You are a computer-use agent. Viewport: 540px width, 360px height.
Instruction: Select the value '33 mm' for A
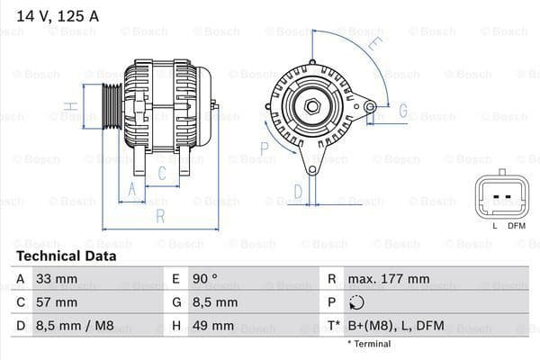[x=54, y=279]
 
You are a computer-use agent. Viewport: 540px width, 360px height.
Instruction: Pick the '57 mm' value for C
[x=56, y=302]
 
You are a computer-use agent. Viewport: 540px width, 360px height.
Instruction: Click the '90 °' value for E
[x=205, y=279]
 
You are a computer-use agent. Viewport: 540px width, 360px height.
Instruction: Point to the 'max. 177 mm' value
[x=391, y=279]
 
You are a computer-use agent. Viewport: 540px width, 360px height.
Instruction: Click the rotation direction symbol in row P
[x=358, y=302]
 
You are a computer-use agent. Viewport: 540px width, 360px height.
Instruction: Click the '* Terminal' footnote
[x=369, y=344]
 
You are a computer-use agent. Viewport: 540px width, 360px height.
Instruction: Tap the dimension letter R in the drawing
[x=160, y=216]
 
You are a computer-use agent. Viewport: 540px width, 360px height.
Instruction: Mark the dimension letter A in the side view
[x=131, y=188]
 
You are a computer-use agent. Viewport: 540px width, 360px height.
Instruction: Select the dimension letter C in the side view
[x=162, y=172]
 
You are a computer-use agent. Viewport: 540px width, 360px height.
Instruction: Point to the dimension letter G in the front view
[x=402, y=112]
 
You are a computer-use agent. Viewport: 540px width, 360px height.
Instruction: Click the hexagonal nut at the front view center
[x=312, y=107]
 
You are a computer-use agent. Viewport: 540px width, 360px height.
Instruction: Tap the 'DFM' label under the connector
[x=516, y=225]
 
